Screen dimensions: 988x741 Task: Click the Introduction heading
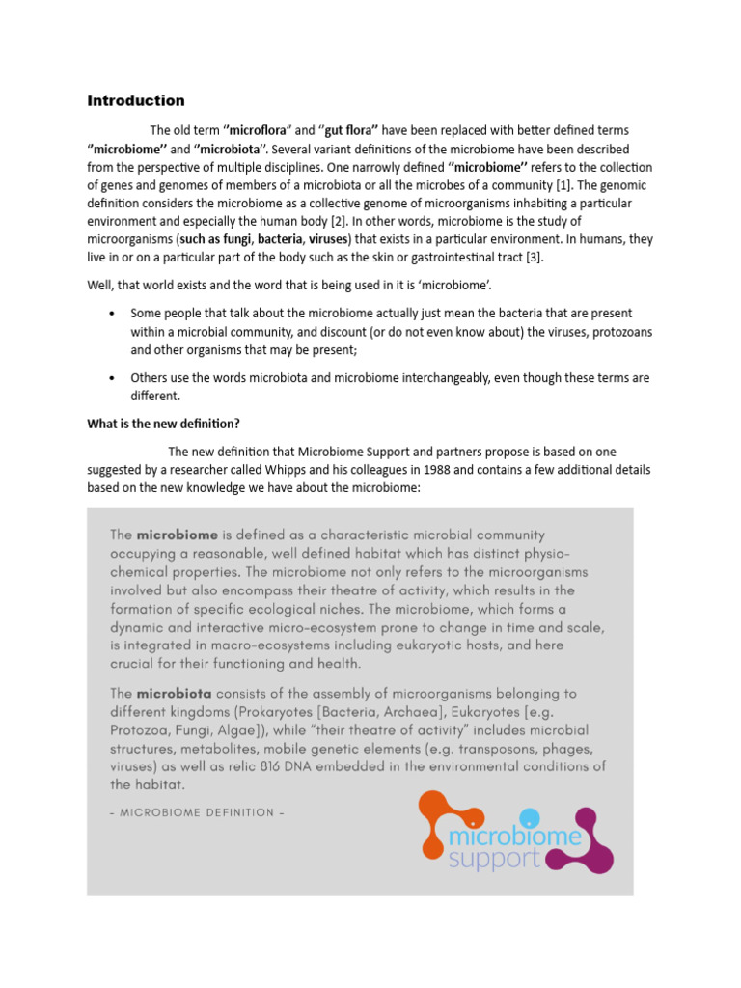pyautogui.click(x=136, y=100)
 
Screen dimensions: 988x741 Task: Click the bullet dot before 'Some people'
pyautogui.click(x=113, y=315)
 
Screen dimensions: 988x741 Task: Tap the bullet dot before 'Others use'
pyautogui.click(x=113, y=378)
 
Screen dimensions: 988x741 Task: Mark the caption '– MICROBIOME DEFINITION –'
pyautogui.click(x=197, y=812)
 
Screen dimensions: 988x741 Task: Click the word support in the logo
pyautogui.click(x=494, y=859)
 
